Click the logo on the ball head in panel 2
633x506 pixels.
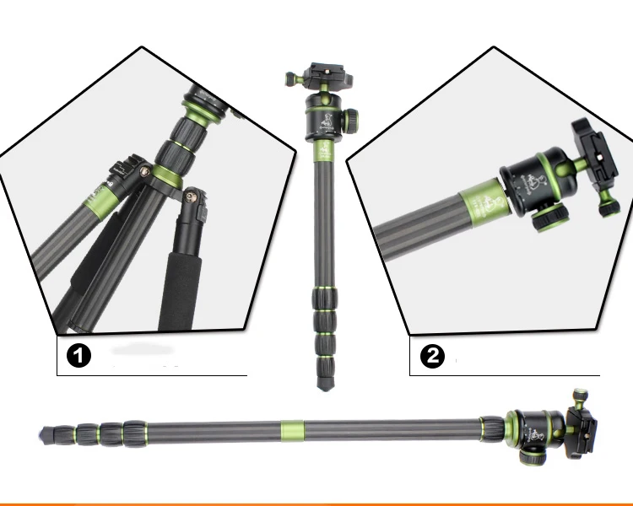(529, 182)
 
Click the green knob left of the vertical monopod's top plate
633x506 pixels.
(290, 79)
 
